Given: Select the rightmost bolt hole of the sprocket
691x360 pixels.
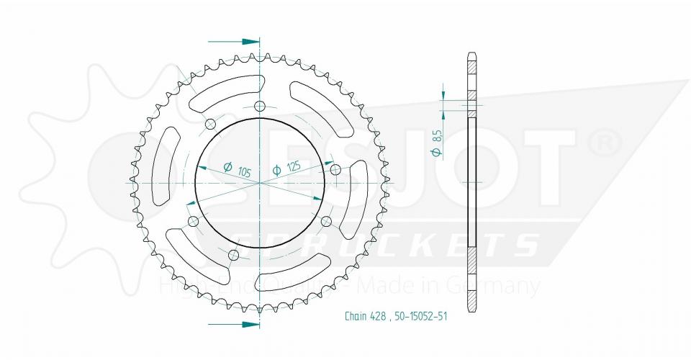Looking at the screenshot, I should [x=335, y=170].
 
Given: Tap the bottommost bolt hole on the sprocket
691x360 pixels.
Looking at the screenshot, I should [x=233, y=256].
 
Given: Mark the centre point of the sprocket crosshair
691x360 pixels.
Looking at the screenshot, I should [x=261, y=183].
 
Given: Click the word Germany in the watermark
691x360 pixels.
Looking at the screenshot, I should [x=497, y=287].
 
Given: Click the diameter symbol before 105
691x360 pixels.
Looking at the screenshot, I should [x=227, y=167].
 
